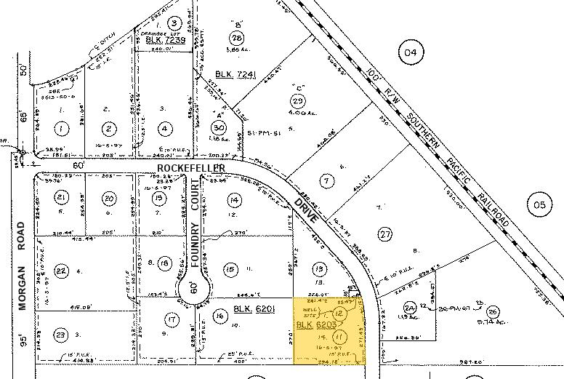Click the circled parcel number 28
click(235, 38)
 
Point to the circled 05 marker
click(538, 205)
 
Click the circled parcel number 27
click(384, 234)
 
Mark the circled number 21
click(61, 198)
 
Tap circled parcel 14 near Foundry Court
click(233, 200)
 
